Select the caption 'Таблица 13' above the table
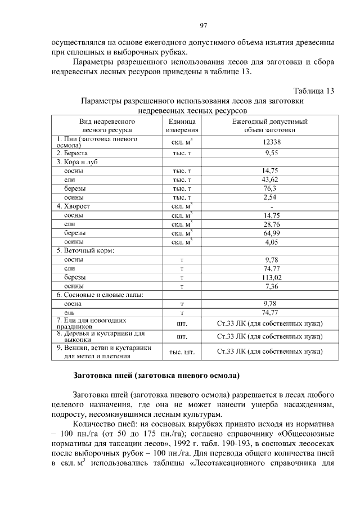point(314,91)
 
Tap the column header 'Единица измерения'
point(182,125)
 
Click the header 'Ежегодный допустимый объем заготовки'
point(269,125)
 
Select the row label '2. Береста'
point(73,152)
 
